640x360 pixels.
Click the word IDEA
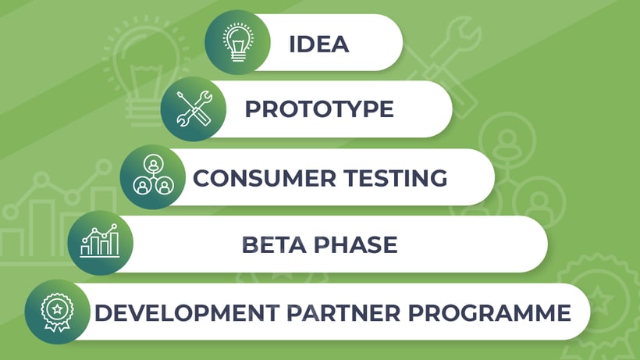coord(318,44)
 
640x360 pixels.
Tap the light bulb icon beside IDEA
coord(238,42)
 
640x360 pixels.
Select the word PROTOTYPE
coord(319,109)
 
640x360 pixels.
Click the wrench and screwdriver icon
coord(194,109)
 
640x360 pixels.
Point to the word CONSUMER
coord(264,178)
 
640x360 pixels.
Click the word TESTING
coord(395,178)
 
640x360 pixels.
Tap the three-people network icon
coord(154,175)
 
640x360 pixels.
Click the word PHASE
coord(355,245)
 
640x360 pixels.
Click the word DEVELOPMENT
coord(187,313)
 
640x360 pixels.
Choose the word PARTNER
coord(343,313)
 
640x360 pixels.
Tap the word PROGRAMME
coord(489,313)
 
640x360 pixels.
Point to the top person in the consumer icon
coord(154,165)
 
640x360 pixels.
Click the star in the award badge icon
coord(57,309)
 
